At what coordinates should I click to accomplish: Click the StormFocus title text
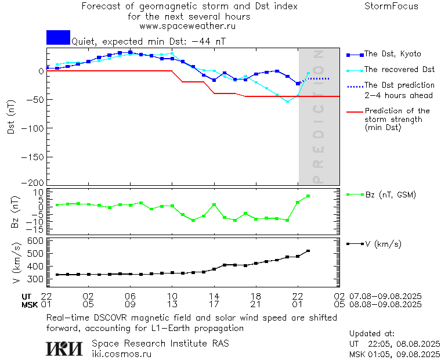[x=391, y=6]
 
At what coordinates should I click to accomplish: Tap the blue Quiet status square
[x=58, y=38]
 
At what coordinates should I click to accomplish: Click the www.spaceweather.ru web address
[x=187, y=26]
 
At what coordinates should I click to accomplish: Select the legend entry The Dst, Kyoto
[x=392, y=54]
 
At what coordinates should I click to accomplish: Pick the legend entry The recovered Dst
[x=399, y=70]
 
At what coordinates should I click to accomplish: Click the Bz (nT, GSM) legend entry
[x=390, y=195]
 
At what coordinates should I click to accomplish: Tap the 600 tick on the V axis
[x=37, y=240]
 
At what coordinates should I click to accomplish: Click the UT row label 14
[x=214, y=296]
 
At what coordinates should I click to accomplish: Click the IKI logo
[x=64, y=348]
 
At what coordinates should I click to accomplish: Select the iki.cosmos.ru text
[x=122, y=354]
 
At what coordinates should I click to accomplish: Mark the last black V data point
[x=308, y=251]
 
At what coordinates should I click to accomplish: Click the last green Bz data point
[x=308, y=196]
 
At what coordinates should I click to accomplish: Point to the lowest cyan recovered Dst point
[x=287, y=102]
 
